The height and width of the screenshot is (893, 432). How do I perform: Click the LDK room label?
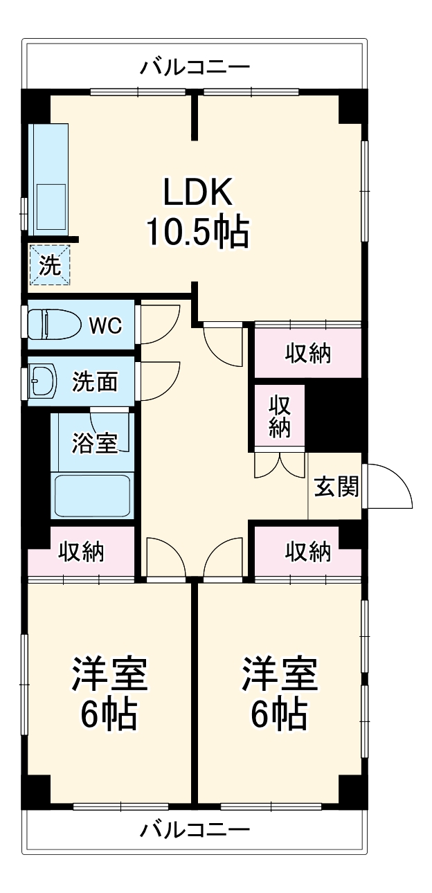point(198,192)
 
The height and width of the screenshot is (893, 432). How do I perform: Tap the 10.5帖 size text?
point(198,233)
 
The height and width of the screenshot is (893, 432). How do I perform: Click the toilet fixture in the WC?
point(52,325)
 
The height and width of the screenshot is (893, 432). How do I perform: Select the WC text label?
point(105,326)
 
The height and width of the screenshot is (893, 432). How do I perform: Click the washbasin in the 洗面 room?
point(44,381)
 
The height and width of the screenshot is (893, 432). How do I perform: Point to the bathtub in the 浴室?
point(93,496)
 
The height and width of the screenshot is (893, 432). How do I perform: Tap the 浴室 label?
point(94,442)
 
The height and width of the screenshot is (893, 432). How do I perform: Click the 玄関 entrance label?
point(336,487)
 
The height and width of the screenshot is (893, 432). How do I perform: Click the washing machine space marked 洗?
point(50,264)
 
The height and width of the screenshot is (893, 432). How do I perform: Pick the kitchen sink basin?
point(51,206)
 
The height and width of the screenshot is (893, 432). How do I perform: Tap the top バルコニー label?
point(195,67)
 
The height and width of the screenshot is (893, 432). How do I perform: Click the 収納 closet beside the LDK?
point(308,353)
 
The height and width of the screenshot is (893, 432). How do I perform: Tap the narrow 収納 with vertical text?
point(280,415)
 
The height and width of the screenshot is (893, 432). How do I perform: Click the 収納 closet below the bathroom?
point(81,552)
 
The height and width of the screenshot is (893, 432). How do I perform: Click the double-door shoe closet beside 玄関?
point(280,464)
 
